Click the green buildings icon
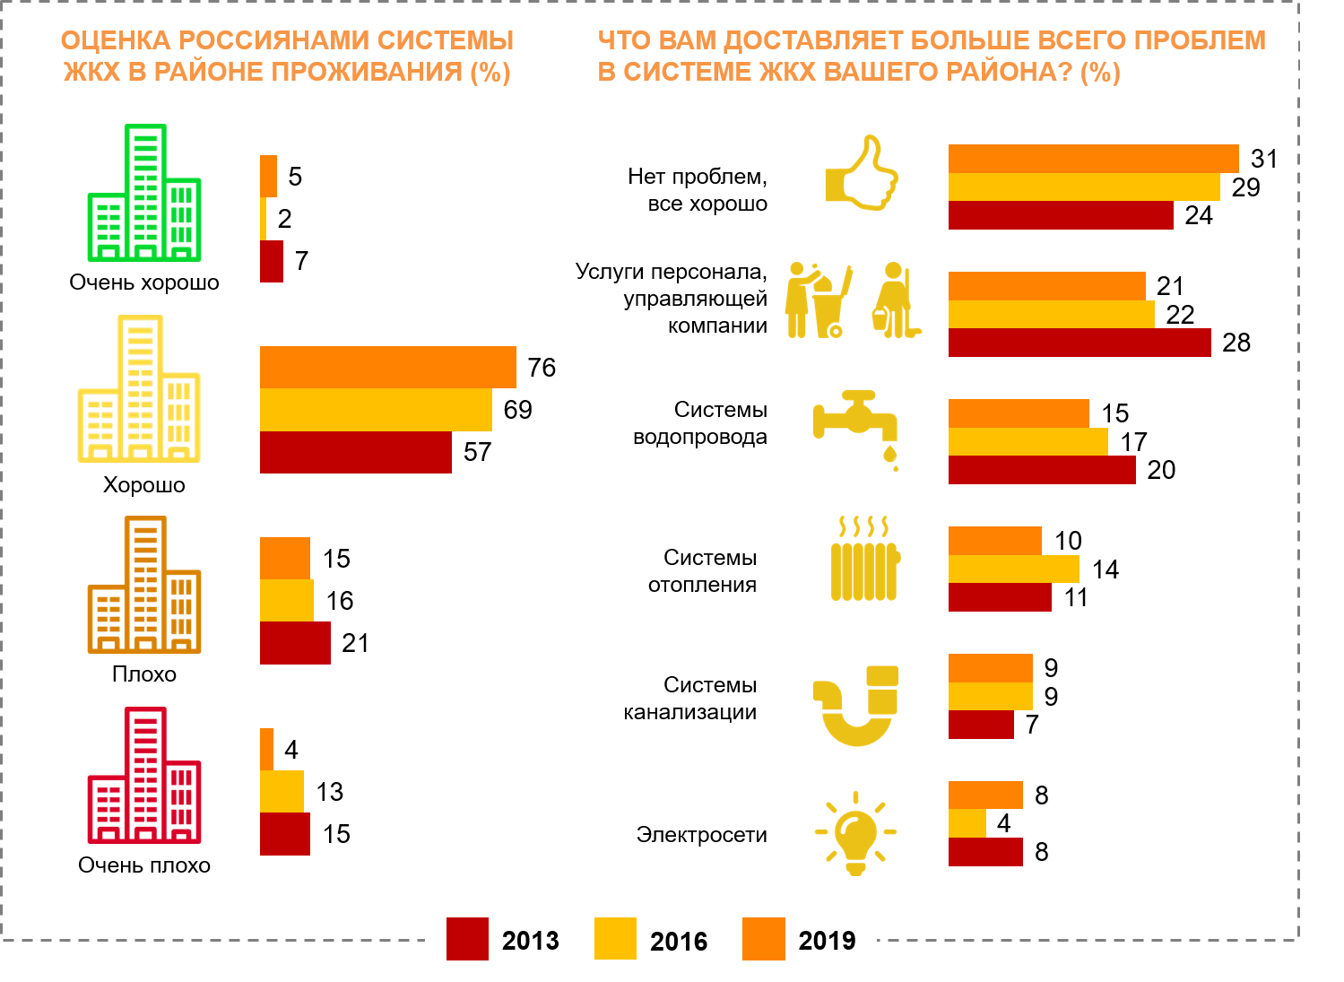pos(144,194)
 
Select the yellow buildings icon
pos(139,389)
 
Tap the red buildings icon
pos(144,776)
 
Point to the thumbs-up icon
pos(862,174)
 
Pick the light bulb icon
pos(855,833)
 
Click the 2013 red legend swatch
pos(467,939)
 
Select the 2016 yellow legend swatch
pos(615,939)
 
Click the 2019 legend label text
pos(827,941)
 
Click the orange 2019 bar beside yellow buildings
pos(387,368)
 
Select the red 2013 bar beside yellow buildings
pos(355,452)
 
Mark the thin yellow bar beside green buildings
pos(263,219)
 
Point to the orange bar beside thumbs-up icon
pos(1093,159)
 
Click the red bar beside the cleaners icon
pos(1080,343)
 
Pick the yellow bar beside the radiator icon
pos(1013,569)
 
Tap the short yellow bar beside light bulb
pos(967,823)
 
